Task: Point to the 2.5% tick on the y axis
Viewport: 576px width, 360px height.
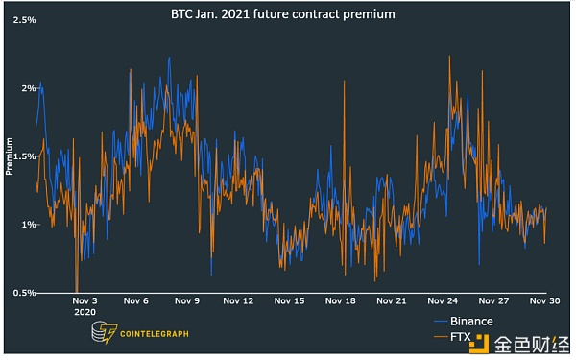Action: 24,20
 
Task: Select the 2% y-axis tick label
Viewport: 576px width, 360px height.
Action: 29,88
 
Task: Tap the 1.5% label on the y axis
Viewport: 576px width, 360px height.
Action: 24,156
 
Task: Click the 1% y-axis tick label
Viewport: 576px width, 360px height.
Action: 29,225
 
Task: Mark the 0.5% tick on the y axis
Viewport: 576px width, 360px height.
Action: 24,293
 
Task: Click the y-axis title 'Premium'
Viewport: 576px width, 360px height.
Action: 10,156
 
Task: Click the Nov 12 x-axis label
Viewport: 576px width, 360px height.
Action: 239,300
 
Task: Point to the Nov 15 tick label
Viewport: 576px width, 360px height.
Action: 290,300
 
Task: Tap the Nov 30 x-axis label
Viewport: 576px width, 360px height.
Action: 545,300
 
